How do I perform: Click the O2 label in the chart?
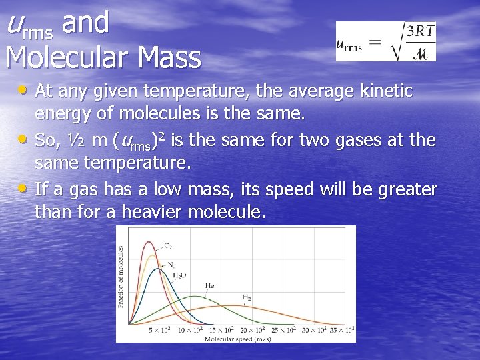click(x=167, y=246)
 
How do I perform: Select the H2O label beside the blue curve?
click(x=179, y=275)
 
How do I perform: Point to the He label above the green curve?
click(x=209, y=285)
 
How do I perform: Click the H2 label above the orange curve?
click(x=247, y=297)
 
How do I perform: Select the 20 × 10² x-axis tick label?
click(x=251, y=330)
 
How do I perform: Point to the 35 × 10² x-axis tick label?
click(x=341, y=330)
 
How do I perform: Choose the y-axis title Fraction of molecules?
click(x=121, y=277)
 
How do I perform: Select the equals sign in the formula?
click(x=375, y=43)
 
